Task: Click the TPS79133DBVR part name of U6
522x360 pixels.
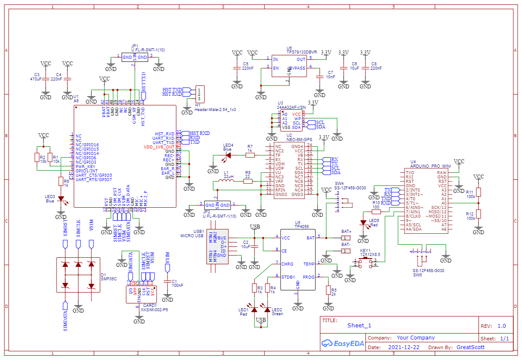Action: click(x=301, y=52)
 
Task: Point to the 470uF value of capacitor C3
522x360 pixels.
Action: click(x=36, y=79)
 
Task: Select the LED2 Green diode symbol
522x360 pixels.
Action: click(x=268, y=309)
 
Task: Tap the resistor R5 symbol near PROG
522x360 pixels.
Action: click(x=328, y=290)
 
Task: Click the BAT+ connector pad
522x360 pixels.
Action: click(x=345, y=238)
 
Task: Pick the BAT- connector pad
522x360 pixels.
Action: click(x=345, y=251)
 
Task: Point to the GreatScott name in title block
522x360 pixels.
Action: click(x=470, y=347)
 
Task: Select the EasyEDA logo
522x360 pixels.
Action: click(x=342, y=343)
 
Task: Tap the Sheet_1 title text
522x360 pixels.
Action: click(x=359, y=325)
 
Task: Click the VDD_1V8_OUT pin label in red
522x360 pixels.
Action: click(x=159, y=147)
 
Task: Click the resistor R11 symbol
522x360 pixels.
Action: click(x=478, y=192)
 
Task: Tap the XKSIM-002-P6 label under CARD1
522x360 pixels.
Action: click(x=154, y=310)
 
